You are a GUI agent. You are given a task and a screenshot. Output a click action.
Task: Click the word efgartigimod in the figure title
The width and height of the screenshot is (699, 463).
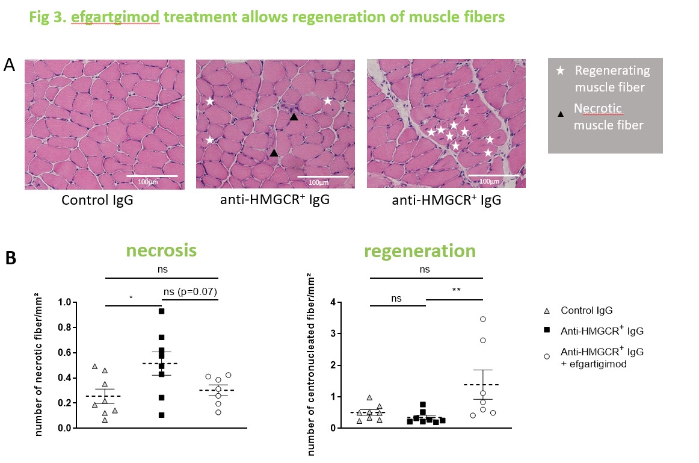coord(115,17)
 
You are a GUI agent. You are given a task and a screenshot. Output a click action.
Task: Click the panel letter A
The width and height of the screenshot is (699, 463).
coord(10,65)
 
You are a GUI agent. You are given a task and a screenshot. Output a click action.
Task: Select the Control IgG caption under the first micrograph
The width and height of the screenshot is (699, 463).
coord(97,199)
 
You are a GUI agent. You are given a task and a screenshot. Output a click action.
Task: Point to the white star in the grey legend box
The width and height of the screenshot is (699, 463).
coord(561,71)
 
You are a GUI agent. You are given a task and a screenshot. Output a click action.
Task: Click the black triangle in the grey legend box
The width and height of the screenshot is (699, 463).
coord(560,112)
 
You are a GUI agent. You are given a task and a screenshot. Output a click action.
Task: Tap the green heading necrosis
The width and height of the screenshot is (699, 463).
coord(161,250)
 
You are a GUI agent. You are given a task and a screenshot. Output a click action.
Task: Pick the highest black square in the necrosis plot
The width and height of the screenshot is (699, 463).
coord(162,311)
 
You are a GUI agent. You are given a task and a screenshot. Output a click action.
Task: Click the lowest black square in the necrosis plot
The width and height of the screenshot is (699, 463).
coord(161,415)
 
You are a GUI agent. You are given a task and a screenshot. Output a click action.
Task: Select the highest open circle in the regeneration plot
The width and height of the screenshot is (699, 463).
coord(482,319)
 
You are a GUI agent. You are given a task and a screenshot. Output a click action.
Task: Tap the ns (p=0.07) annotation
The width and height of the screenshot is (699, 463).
coord(190,293)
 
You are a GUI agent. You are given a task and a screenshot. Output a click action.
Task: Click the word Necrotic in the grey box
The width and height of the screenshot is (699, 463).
coord(597,109)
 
